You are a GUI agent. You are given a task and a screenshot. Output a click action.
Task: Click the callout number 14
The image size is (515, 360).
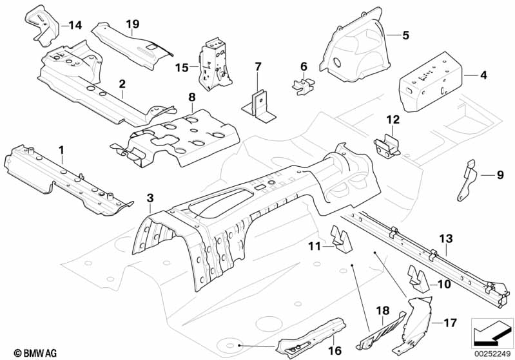click(x=75, y=25)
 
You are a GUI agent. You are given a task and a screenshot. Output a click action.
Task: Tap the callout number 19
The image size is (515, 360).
click(x=133, y=24)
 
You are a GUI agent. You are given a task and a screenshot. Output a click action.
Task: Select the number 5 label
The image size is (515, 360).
click(x=406, y=35)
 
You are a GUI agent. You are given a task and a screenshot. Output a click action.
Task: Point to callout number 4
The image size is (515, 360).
click(x=483, y=75)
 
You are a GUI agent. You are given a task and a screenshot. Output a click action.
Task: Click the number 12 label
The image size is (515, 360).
click(x=393, y=120)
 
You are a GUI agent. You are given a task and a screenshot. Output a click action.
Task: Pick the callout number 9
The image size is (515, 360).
click(x=500, y=175)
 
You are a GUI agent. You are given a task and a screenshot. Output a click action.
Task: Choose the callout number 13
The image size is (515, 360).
click(x=446, y=238)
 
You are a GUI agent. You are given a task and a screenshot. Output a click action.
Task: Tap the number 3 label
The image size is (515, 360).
click(x=150, y=198)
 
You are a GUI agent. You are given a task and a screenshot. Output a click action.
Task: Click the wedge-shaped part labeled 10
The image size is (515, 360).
click(x=418, y=279)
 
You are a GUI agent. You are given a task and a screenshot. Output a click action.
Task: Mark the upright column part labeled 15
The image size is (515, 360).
click(x=215, y=64)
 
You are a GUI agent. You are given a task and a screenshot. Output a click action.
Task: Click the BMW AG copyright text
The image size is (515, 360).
click(x=35, y=353)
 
